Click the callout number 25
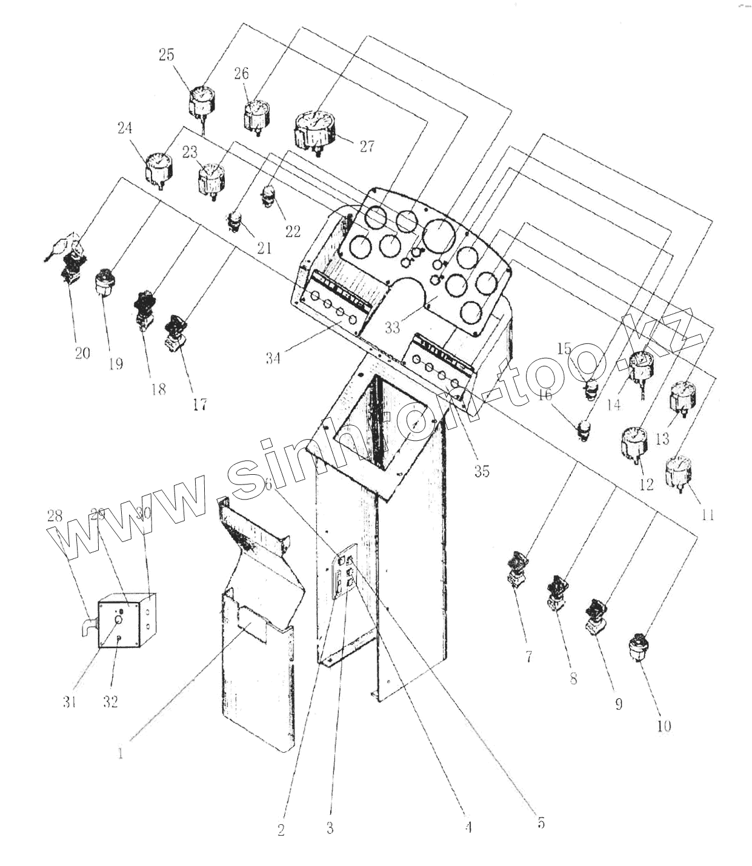point(166,55)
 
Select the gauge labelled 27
point(316,129)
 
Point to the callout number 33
point(392,328)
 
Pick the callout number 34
point(273,358)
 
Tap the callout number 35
point(482,471)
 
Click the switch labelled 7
point(519,566)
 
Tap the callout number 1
point(121,754)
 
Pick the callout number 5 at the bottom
point(541,823)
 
